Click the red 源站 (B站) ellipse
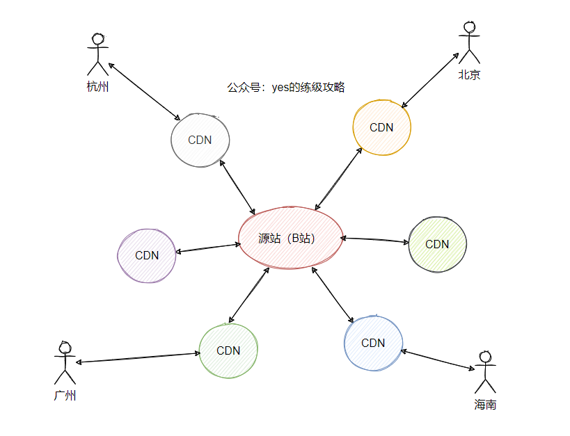(291, 238)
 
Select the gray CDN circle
(200, 139)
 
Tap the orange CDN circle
(381, 128)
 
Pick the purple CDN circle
(147, 255)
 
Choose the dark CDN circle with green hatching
(437, 244)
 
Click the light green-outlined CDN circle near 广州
(228, 350)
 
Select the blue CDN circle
(373, 343)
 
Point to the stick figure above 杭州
(98, 54)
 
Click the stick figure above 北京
(469, 42)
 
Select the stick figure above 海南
(485, 373)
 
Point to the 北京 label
(469, 75)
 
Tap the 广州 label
(65, 396)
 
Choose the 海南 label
(485, 405)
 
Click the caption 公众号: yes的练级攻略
(286, 88)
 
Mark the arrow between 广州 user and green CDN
(138, 357)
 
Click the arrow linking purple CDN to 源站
(209, 248)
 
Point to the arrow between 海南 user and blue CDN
(438, 360)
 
